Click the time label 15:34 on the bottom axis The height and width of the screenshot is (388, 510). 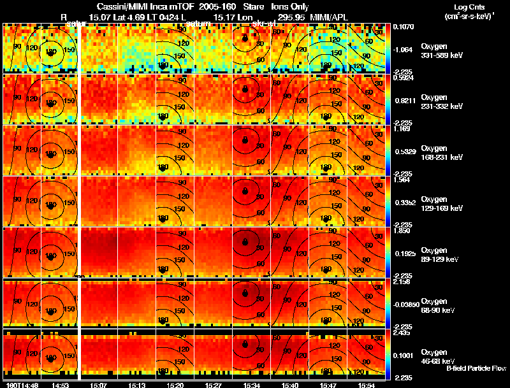tap(251, 385)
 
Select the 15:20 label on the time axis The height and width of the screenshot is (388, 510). tap(174, 385)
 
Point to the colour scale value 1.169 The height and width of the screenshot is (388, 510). tap(401, 128)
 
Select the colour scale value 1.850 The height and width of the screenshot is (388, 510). tap(401, 230)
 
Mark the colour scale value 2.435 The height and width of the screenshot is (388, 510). tap(401, 332)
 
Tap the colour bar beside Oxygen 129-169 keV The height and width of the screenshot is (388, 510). tap(389, 201)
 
